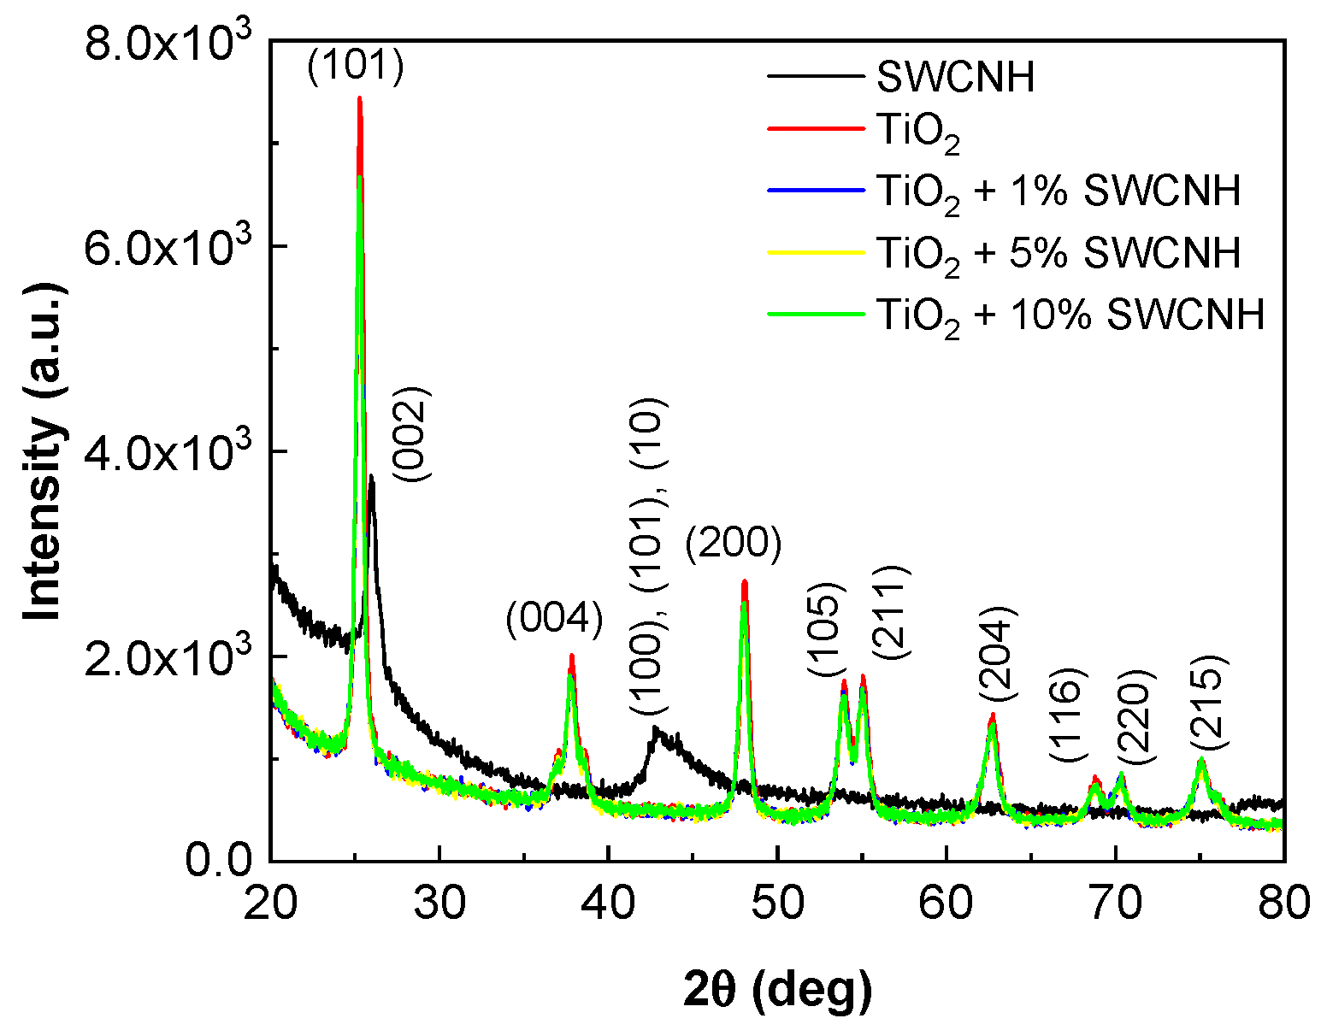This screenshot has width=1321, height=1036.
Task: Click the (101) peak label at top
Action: coord(355,68)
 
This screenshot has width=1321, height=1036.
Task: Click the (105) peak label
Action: coord(826,629)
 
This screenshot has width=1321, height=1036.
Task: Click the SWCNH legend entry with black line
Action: coord(955,77)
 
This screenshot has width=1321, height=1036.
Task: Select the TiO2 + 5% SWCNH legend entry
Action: coord(1059,254)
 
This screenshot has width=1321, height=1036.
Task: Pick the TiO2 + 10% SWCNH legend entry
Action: coord(1070,315)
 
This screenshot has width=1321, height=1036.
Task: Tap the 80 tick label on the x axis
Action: coord(1283,903)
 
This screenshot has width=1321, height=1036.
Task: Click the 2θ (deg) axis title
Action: coord(777,991)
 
